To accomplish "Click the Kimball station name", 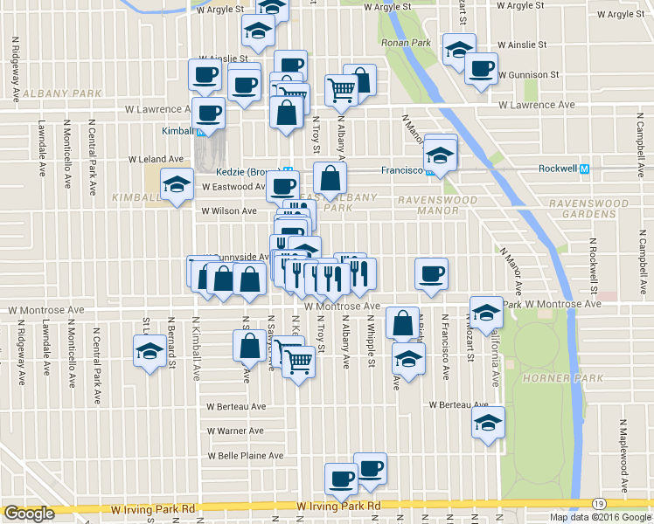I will tap(177, 131).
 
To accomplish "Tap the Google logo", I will tap(29, 514).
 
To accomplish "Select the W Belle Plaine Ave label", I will tap(245, 456).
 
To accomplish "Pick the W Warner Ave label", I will tap(235, 431).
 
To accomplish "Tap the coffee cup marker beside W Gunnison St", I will tap(480, 68).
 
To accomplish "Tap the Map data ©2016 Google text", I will tap(600, 517).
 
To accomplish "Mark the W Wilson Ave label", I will tap(229, 210).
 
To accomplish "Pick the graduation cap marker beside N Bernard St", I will tap(149, 352).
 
